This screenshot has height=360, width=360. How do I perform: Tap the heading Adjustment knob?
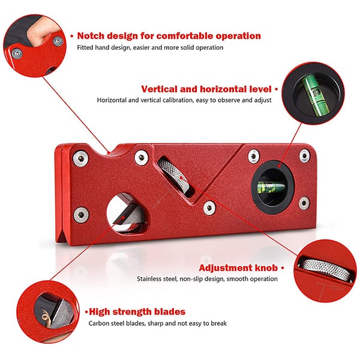tap(238, 268)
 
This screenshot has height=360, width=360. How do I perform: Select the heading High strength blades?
tap(137, 312)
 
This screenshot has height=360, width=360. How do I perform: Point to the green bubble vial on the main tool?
tap(272, 187)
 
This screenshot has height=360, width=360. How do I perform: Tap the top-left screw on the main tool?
tap(80, 158)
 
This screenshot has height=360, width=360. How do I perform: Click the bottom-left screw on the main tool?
tap(81, 215)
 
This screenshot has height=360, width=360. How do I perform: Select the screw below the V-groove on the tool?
tap(209, 208)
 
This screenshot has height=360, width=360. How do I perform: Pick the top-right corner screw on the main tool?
tap(304, 156)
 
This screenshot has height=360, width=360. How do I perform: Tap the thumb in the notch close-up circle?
tap(41, 31)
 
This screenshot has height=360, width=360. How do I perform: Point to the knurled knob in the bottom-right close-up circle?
tap(326, 269)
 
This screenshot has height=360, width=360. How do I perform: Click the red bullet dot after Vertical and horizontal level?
tap(277, 89)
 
